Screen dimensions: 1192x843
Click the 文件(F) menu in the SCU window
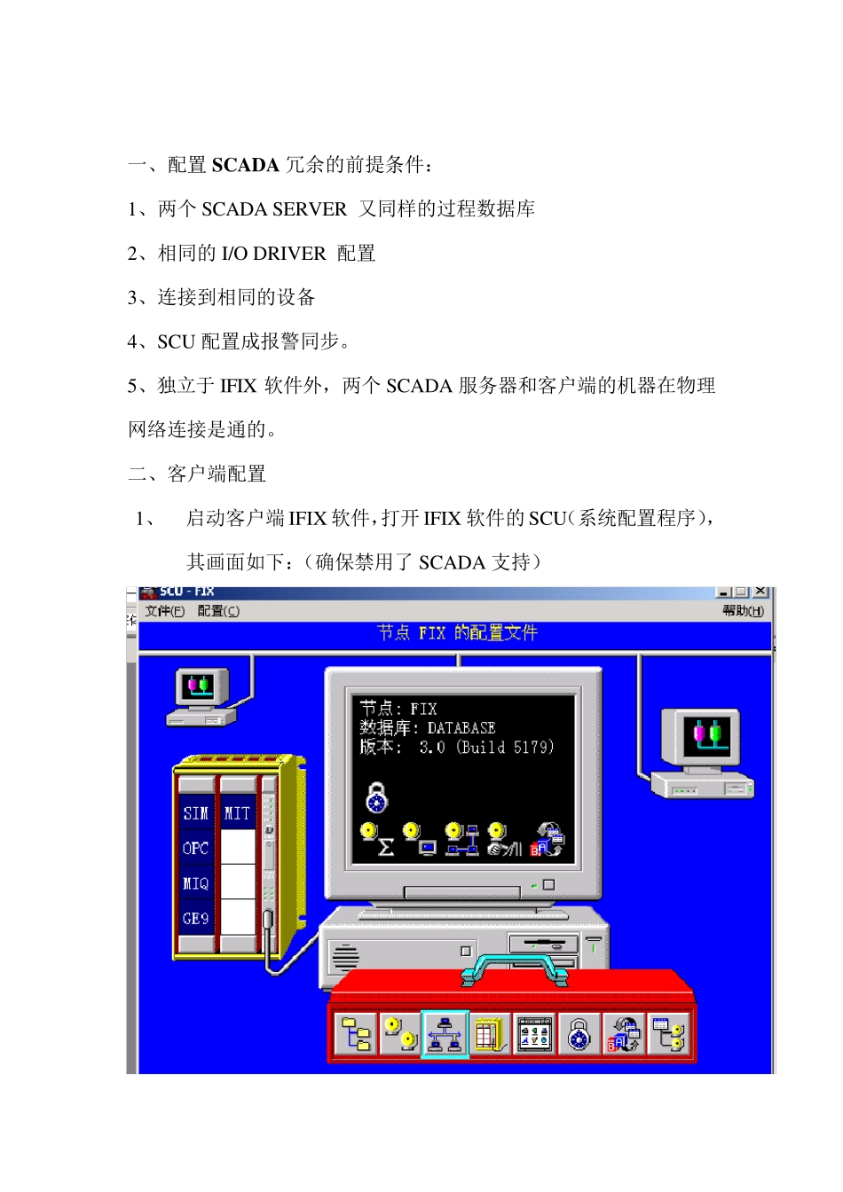(164, 611)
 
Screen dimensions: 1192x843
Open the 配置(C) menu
(217, 611)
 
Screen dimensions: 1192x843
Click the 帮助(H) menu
(742, 611)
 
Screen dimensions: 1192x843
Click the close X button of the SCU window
(760, 592)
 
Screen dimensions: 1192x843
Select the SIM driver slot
(195, 813)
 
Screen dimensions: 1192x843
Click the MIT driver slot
(237, 813)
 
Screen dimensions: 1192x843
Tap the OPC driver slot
(195, 849)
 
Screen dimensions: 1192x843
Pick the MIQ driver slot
(195, 884)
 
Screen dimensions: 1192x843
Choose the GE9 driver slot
(195, 919)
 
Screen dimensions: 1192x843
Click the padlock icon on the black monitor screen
(377, 797)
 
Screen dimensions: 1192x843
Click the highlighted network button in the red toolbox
(445, 1034)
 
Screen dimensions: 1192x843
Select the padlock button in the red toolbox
(579, 1034)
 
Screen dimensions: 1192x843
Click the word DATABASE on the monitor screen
(461, 728)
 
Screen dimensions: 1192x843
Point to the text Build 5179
(507, 748)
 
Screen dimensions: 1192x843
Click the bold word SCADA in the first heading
(246, 165)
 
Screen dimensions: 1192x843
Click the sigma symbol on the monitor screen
(386, 847)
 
